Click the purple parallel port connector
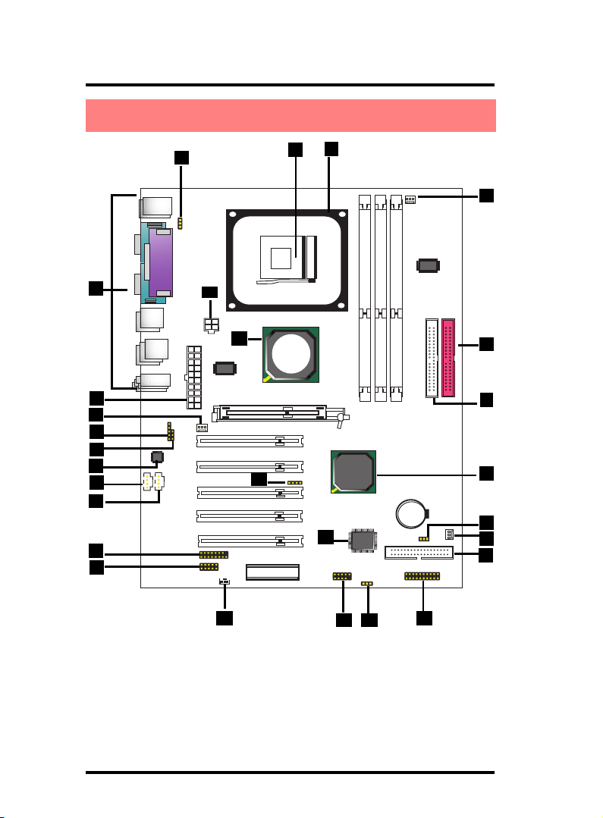tap(162, 264)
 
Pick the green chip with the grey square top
tap(354, 472)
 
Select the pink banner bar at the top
tap(291, 115)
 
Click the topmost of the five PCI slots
tap(250, 440)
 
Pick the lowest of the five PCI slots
tap(250, 541)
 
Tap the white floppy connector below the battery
tap(419, 552)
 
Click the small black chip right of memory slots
tap(428, 265)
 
